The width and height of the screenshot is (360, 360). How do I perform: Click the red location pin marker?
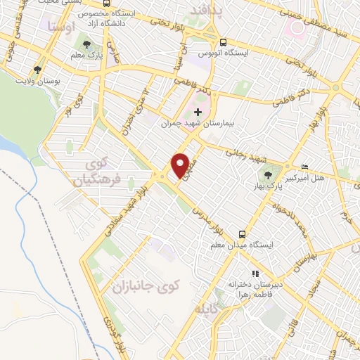pos(181,165)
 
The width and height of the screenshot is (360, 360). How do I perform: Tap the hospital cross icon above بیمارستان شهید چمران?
pos(198,112)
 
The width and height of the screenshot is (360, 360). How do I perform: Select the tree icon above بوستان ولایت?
pos(37,70)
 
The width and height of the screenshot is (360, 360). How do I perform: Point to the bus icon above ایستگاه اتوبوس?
pos(223,42)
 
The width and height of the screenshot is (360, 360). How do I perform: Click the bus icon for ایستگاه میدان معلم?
pos(242,233)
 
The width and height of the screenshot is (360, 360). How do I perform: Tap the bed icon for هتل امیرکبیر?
pos(304,167)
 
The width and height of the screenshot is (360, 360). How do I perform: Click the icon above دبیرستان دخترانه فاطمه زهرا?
pos(255,274)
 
